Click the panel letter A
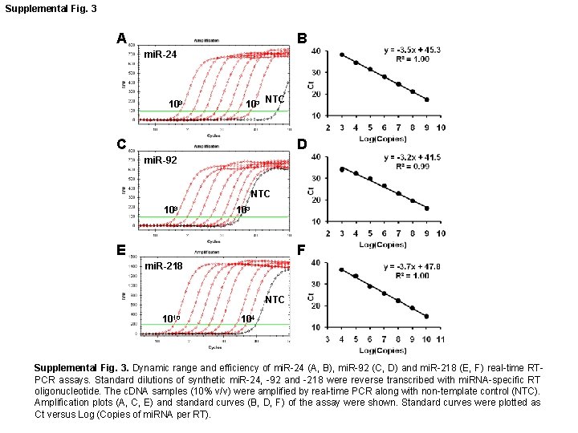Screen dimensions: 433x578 (x=120, y=38)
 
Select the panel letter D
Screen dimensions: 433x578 (x=302, y=145)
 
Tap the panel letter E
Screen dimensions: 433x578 (x=120, y=249)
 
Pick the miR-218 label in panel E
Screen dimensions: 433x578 (x=162, y=265)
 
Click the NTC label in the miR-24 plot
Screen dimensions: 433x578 (x=276, y=99)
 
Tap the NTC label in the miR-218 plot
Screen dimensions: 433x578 (x=275, y=300)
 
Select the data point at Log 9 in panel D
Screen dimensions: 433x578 (x=426, y=208)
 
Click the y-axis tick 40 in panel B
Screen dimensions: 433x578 (x=317, y=51)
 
